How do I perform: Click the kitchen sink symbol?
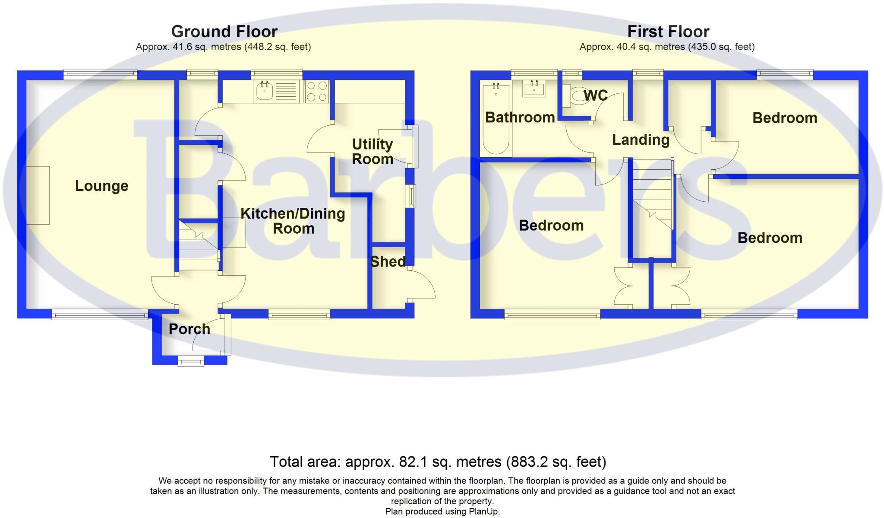(x=264, y=91)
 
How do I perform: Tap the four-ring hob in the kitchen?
(x=317, y=92)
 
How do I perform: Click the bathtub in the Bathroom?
(x=496, y=118)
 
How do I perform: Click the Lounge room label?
(x=101, y=186)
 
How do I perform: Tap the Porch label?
(x=189, y=329)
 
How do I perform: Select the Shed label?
(x=388, y=261)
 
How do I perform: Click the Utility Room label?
(x=372, y=152)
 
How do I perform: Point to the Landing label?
(x=641, y=140)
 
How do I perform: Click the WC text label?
(x=596, y=95)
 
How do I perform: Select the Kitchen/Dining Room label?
(x=293, y=221)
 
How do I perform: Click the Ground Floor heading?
(x=224, y=32)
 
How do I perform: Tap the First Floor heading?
(x=668, y=32)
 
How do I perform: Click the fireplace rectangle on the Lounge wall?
(x=38, y=195)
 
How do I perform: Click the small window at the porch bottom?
(x=191, y=361)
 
